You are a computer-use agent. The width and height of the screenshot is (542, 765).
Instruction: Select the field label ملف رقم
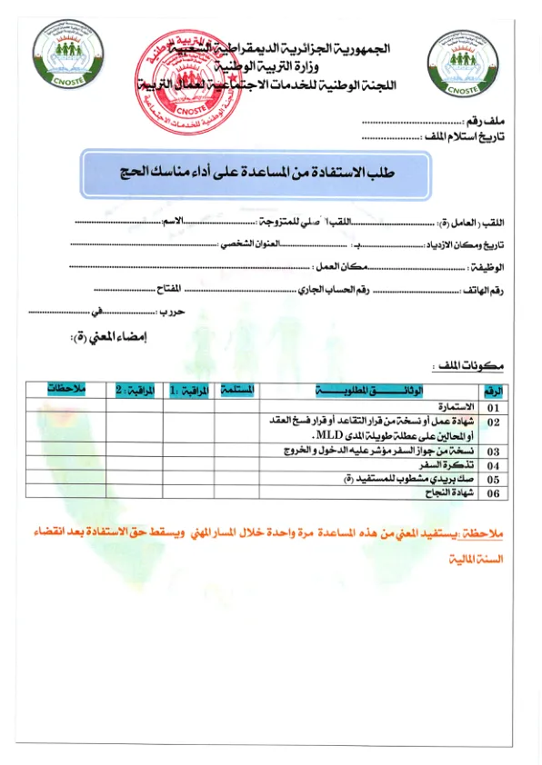[487, 121]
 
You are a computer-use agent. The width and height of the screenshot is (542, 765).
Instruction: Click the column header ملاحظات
[66, 389]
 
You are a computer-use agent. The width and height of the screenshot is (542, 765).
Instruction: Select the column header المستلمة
[236, 389]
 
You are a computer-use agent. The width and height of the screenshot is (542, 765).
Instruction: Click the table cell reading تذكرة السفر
[452, 464]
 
